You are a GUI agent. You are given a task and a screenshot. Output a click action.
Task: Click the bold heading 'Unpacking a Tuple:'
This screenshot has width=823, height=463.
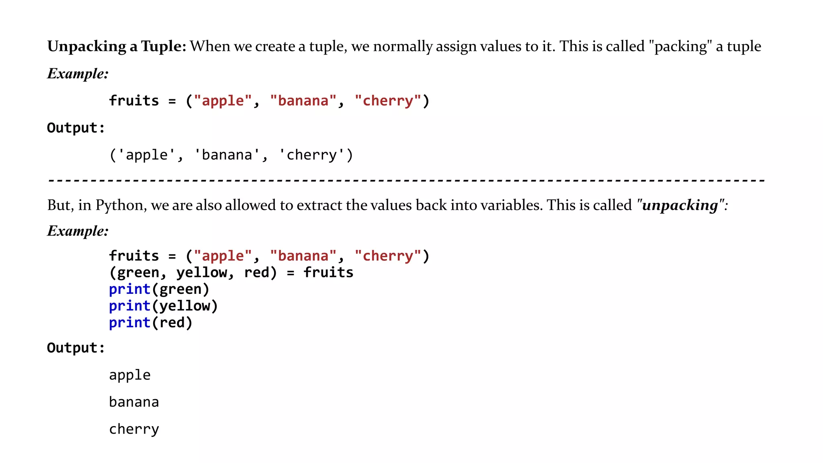pos(117,47)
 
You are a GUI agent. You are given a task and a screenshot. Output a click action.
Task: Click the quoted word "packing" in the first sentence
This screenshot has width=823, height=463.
pos(680,47)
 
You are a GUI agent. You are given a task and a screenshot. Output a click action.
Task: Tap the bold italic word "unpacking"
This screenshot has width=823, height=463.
pos(680,205)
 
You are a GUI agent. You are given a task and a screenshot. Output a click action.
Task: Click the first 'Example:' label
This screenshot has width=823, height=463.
pos(78,74)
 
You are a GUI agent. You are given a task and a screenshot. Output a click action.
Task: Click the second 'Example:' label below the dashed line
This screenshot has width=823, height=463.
pos(78,231)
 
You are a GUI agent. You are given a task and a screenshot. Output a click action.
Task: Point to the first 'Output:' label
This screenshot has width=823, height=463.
pos(76,128)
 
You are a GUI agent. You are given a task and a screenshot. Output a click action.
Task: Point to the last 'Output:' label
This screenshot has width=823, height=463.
pos(76,348)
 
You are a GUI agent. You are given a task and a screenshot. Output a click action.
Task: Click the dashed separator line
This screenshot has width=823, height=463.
pos(406,180)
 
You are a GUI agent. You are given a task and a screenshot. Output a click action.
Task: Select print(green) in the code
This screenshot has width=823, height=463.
pos(159,289)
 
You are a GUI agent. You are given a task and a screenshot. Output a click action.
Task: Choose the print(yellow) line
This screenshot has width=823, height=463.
pos(163,306)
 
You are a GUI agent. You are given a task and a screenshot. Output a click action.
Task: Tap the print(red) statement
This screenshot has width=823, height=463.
pos(151,323)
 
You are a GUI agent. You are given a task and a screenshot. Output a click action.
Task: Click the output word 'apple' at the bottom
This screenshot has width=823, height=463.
pos(130,375)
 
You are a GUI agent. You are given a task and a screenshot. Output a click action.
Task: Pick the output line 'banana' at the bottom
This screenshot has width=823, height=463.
pos(134,402)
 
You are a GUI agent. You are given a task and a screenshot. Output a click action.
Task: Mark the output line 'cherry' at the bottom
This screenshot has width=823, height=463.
pos(134,429)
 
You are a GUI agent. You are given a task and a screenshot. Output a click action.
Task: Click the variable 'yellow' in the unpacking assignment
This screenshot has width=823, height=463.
pos(201,273)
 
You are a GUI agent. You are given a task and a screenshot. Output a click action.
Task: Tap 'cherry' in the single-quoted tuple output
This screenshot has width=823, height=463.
pos(311,155)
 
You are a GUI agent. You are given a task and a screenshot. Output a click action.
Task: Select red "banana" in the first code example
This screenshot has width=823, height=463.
pos(303,101)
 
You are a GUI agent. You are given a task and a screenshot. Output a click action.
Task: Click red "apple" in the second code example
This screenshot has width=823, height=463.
pos(223,256)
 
